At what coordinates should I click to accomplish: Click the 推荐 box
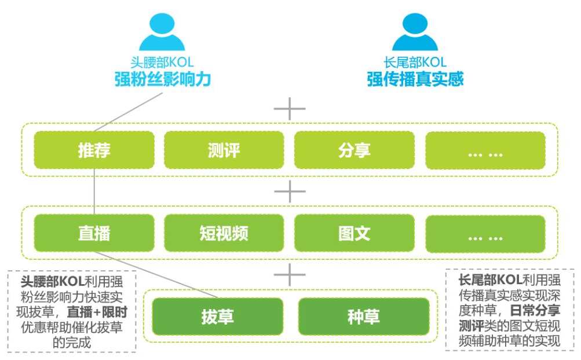94,150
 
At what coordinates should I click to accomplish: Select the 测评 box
224,150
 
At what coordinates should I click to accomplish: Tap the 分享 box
354,150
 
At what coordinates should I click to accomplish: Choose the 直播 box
94,233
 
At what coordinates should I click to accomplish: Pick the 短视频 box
224,233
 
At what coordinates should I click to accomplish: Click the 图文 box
354,233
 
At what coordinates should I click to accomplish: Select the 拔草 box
217,317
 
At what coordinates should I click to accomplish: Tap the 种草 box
363,317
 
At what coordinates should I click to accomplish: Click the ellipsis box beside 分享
485,150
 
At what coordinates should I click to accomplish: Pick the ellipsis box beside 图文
485,233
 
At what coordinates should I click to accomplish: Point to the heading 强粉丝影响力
162,79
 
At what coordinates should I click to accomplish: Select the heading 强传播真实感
415,79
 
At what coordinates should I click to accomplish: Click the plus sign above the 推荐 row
289,108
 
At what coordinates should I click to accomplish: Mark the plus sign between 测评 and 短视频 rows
289,192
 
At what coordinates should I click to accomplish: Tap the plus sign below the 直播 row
289,275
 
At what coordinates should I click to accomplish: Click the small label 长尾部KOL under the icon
415,62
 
